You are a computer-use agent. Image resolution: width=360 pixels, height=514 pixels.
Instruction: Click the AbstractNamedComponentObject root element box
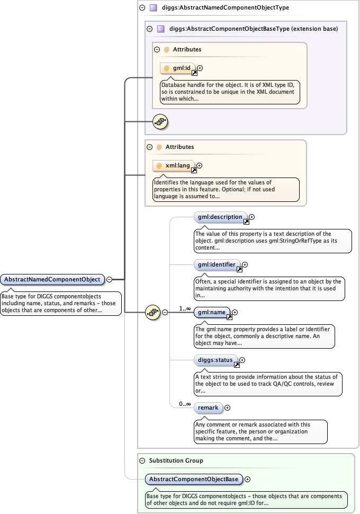pos(52,279)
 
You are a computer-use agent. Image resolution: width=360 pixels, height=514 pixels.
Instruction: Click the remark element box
pos(208,408)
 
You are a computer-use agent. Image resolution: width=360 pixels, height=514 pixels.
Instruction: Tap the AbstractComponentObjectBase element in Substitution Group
pos(194,479)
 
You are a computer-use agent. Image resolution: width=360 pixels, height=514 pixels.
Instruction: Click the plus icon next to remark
pos(228,408)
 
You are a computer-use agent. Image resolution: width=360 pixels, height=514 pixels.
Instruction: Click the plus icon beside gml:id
pos(200,68)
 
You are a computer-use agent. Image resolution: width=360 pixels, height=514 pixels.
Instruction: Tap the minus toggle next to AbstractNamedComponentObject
pos(109,279)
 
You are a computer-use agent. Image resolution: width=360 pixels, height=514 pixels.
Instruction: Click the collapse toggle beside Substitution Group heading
pos(142,460)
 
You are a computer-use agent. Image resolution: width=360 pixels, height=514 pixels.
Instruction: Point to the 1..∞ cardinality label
pos(185,308)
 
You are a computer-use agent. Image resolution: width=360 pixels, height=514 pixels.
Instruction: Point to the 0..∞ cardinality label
pos(185,404)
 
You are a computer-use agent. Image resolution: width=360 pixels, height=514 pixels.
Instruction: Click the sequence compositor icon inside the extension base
pos(160,122)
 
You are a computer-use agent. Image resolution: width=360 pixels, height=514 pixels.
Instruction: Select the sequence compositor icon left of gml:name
pos(153,313)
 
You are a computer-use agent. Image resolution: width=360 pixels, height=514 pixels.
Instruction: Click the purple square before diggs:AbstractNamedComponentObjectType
pos(153,8)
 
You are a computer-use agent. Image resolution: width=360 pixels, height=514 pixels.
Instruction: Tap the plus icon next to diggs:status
pos(242,360)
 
